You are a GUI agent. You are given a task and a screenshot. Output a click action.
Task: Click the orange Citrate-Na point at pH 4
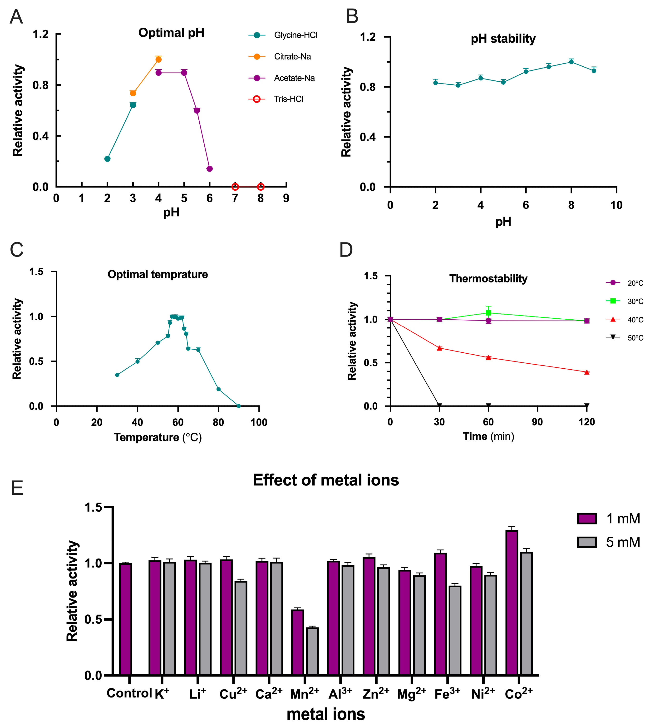pos(158,59)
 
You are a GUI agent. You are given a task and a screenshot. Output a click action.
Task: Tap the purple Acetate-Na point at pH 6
pos(210,169)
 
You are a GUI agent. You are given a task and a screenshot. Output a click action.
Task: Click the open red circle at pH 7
pos(235,187)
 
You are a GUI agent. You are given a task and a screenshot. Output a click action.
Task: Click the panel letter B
pos(352,16)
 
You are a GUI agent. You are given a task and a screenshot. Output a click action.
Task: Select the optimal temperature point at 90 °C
pos(239,406)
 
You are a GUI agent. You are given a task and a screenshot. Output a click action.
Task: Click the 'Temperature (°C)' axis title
pos(158,437)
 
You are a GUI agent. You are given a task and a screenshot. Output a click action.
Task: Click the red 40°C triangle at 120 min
pos(587,372)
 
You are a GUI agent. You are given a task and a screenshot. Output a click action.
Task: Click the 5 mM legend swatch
pos(587,542)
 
